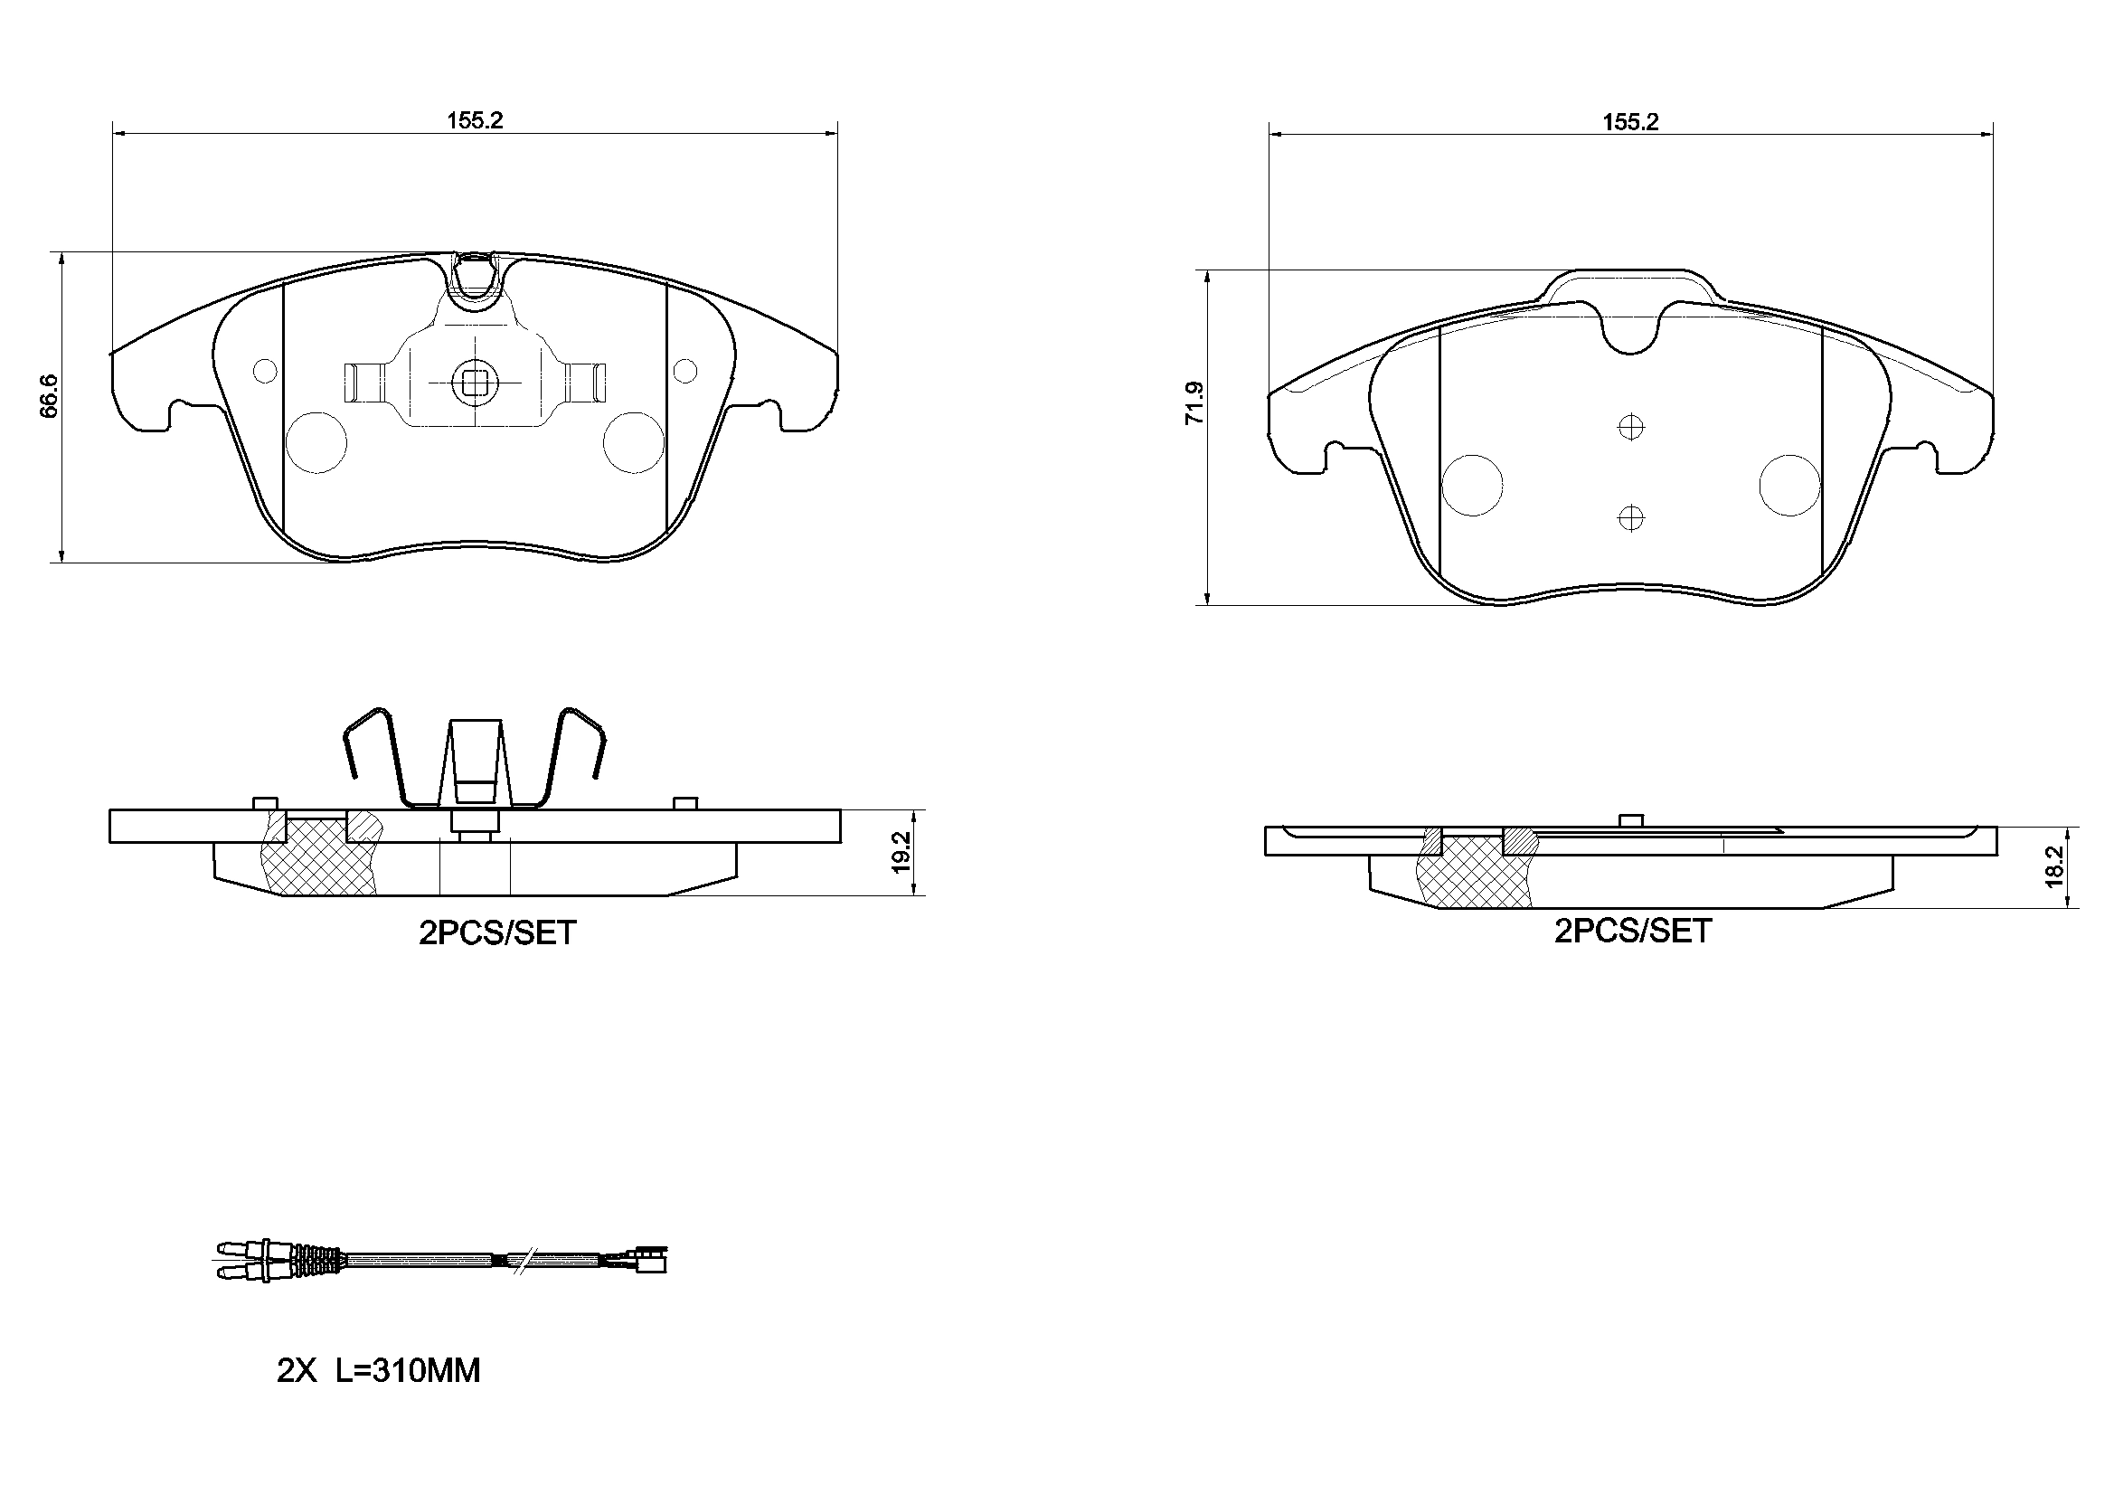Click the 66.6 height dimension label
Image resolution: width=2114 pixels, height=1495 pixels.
coord(50,396)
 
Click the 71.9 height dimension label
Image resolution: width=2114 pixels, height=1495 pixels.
coord(1194,402)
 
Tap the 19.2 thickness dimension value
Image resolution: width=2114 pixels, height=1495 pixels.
coord(901,852)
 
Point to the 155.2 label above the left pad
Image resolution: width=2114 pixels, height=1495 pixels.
coord(475,120)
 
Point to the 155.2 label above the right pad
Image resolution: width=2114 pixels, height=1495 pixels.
coord(1630,121)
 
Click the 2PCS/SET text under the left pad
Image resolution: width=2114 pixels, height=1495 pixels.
coord(497,933)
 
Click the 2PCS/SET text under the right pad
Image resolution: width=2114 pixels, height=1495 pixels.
coord(1632,932)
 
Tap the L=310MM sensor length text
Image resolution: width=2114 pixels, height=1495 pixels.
coord(407,1371)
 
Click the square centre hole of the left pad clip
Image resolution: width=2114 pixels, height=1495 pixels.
coord(475,382)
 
